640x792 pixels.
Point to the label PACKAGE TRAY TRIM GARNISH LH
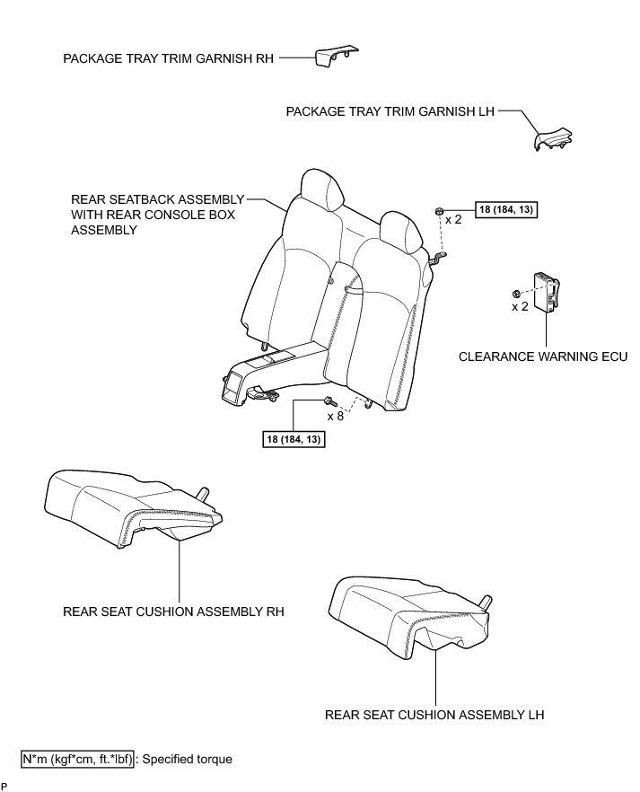point(390,112)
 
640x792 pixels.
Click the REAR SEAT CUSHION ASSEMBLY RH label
point(173,612)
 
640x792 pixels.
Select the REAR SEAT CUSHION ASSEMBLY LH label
point(435,716)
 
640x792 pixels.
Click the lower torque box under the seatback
point(292,439)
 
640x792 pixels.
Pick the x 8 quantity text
point(336,417)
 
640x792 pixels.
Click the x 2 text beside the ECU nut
point(519,307)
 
